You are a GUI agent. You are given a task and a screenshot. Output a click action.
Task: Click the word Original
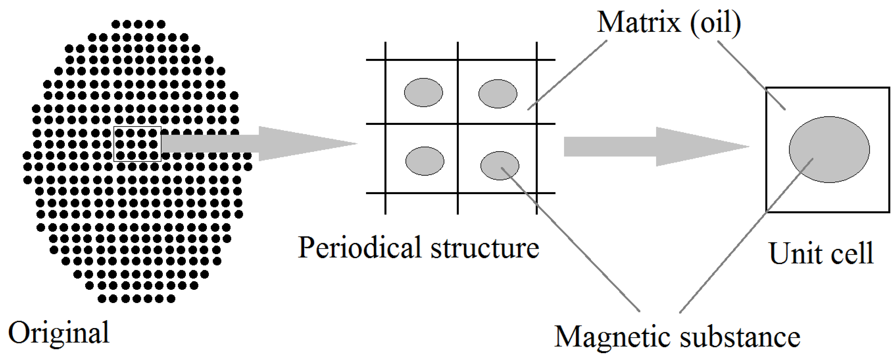point(59,333)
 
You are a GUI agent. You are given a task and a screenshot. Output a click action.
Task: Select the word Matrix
point(638,22)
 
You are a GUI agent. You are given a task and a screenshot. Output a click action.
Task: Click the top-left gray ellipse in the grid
point(423,92)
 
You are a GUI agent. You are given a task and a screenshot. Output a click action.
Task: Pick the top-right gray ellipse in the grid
point(498,94)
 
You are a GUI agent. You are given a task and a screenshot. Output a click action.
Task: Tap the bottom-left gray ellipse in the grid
point(425,161)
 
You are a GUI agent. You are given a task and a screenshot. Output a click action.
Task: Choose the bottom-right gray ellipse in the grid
point(500,166)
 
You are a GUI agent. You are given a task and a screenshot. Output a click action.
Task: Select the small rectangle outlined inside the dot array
point(137,144)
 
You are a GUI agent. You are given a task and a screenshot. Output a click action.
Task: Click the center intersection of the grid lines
point(458,123)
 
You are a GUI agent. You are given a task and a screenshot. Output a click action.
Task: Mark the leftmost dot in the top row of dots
point(116,24)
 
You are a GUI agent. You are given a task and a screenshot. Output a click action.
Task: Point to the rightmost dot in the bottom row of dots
point(171,298)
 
